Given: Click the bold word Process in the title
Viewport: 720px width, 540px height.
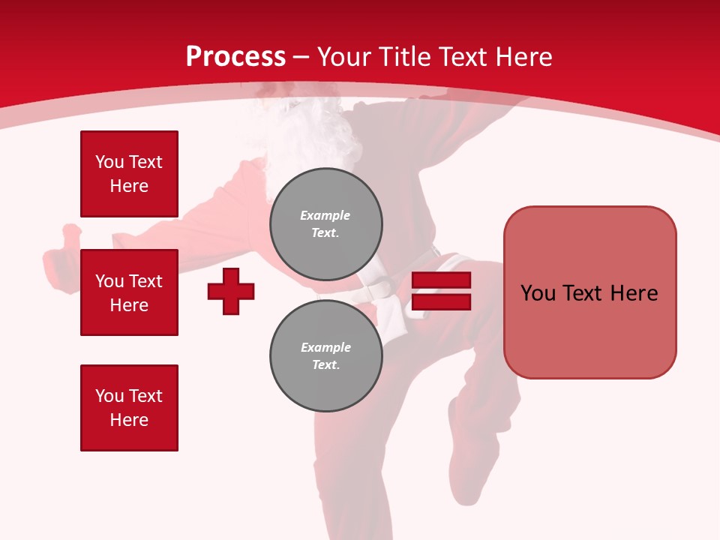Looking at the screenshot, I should tap(235, 57).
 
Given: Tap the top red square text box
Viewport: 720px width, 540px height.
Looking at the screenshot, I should tap(129, 174).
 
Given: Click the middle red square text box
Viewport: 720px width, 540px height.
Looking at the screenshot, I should tap(129, 292).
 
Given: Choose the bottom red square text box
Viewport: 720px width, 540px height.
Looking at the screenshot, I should tap(129, 408).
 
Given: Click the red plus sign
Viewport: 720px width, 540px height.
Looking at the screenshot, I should tap(231, 291).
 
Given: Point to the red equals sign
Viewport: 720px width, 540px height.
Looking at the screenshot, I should tap(441, 291).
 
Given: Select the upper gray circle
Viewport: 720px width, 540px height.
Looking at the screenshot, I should tap(325, 223).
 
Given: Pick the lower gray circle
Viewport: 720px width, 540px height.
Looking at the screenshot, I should tap(325, 356).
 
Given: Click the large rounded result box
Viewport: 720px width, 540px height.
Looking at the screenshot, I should tap(589, 292).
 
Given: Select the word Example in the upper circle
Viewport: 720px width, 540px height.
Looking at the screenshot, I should tap(325, 215).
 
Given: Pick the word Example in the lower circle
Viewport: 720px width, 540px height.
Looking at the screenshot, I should tap(325, 347).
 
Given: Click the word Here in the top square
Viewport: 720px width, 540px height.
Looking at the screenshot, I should tap(129, 186).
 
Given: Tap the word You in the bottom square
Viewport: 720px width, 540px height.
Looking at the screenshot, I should tap(109, 396).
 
